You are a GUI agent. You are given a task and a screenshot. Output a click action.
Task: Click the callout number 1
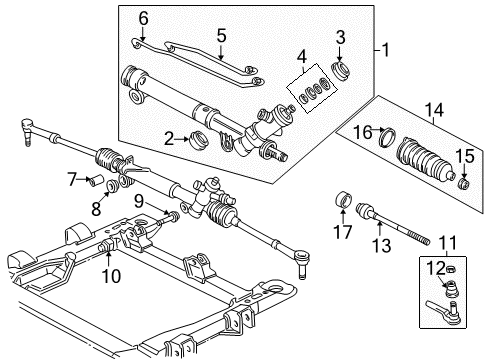pos(386,49)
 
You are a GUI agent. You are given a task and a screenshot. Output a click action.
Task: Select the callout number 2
pos(170,139)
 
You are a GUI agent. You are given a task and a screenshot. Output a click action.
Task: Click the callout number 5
pos(220,36)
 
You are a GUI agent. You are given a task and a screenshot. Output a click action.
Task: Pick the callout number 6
pos(142,17)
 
